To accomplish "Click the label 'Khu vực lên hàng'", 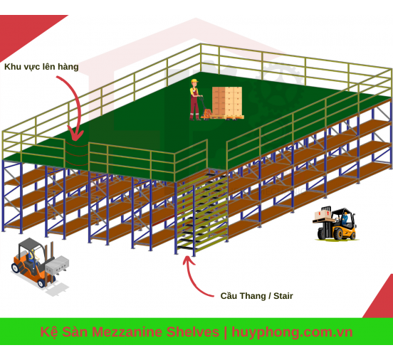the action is click(41, 67).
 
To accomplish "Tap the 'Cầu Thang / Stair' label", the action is click(256, 296).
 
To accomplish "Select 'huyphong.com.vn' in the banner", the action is click(292, 332).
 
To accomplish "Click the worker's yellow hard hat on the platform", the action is click(194, 81).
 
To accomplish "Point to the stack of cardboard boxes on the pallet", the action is click(227, 101).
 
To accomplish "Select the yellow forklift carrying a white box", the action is click(335, 223).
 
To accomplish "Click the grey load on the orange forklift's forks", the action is click(58, 265).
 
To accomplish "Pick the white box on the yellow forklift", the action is click(323, 214).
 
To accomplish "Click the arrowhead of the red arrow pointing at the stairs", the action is click(188, 260).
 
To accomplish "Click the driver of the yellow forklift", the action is click(345, 218).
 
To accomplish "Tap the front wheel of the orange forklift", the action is click(41, 283).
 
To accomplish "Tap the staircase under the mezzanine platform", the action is click(201, 213).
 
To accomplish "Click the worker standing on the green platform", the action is click(195, 100).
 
